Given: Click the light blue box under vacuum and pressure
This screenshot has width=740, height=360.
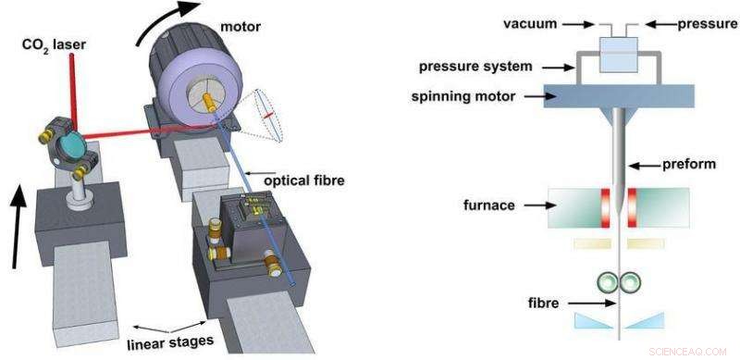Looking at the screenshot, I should click(x=618, y=53).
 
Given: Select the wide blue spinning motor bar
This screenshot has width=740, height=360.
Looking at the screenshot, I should click(x=618, y=96).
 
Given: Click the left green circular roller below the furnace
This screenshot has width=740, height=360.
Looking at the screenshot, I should click(x=609, y=282).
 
